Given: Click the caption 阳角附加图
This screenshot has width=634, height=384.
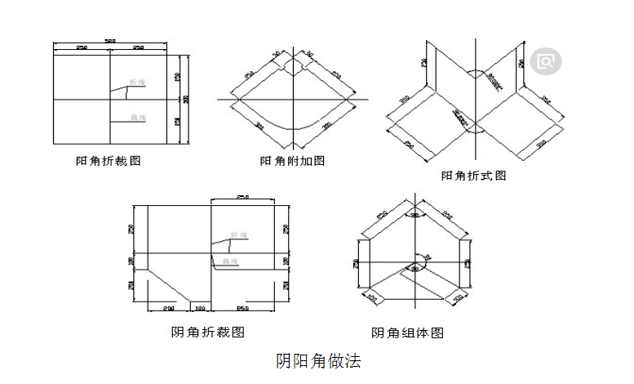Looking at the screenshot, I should pyautogui.click(x=292, y=161).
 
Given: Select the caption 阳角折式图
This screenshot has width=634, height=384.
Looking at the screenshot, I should pyautogui.click(x=473, y=176).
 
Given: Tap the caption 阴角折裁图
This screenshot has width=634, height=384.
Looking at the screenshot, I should pyautogui.click(x=208, y=332).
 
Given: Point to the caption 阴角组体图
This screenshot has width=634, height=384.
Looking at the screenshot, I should pyautogui.click(x=407, y=333).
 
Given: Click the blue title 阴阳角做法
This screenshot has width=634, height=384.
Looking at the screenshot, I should pyautogui.click(x=317, y=359).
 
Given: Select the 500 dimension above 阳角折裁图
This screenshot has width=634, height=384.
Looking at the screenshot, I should pyautogui.click(x=110, y=42).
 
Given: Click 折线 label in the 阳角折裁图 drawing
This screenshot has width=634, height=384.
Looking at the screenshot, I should pyautogui.click(x=138, y=83).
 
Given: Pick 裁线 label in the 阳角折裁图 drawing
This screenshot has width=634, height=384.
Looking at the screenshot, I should pyautogui.click(x=138, y=118).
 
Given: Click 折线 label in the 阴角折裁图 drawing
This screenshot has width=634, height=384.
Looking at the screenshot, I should pyautogui.click(x=237, y=234).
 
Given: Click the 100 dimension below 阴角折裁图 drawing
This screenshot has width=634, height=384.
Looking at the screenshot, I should pyautogui.click(x=201, y=308).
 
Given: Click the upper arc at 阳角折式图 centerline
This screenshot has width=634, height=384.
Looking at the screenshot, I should pyautogui.click(x=472, y=74).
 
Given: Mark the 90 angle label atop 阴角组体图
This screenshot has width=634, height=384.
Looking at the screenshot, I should pyautogui.click(x=415, y=216).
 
